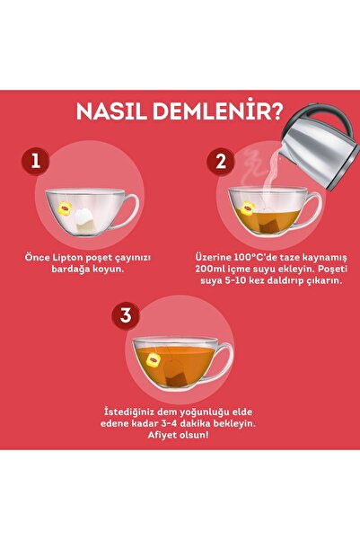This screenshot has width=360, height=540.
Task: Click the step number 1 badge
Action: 35,162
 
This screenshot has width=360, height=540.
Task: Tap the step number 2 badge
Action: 217,162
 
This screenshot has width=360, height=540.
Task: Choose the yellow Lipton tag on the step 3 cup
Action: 153,359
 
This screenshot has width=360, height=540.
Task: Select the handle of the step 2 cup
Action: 310,210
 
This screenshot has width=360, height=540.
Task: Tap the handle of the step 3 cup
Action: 221,359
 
